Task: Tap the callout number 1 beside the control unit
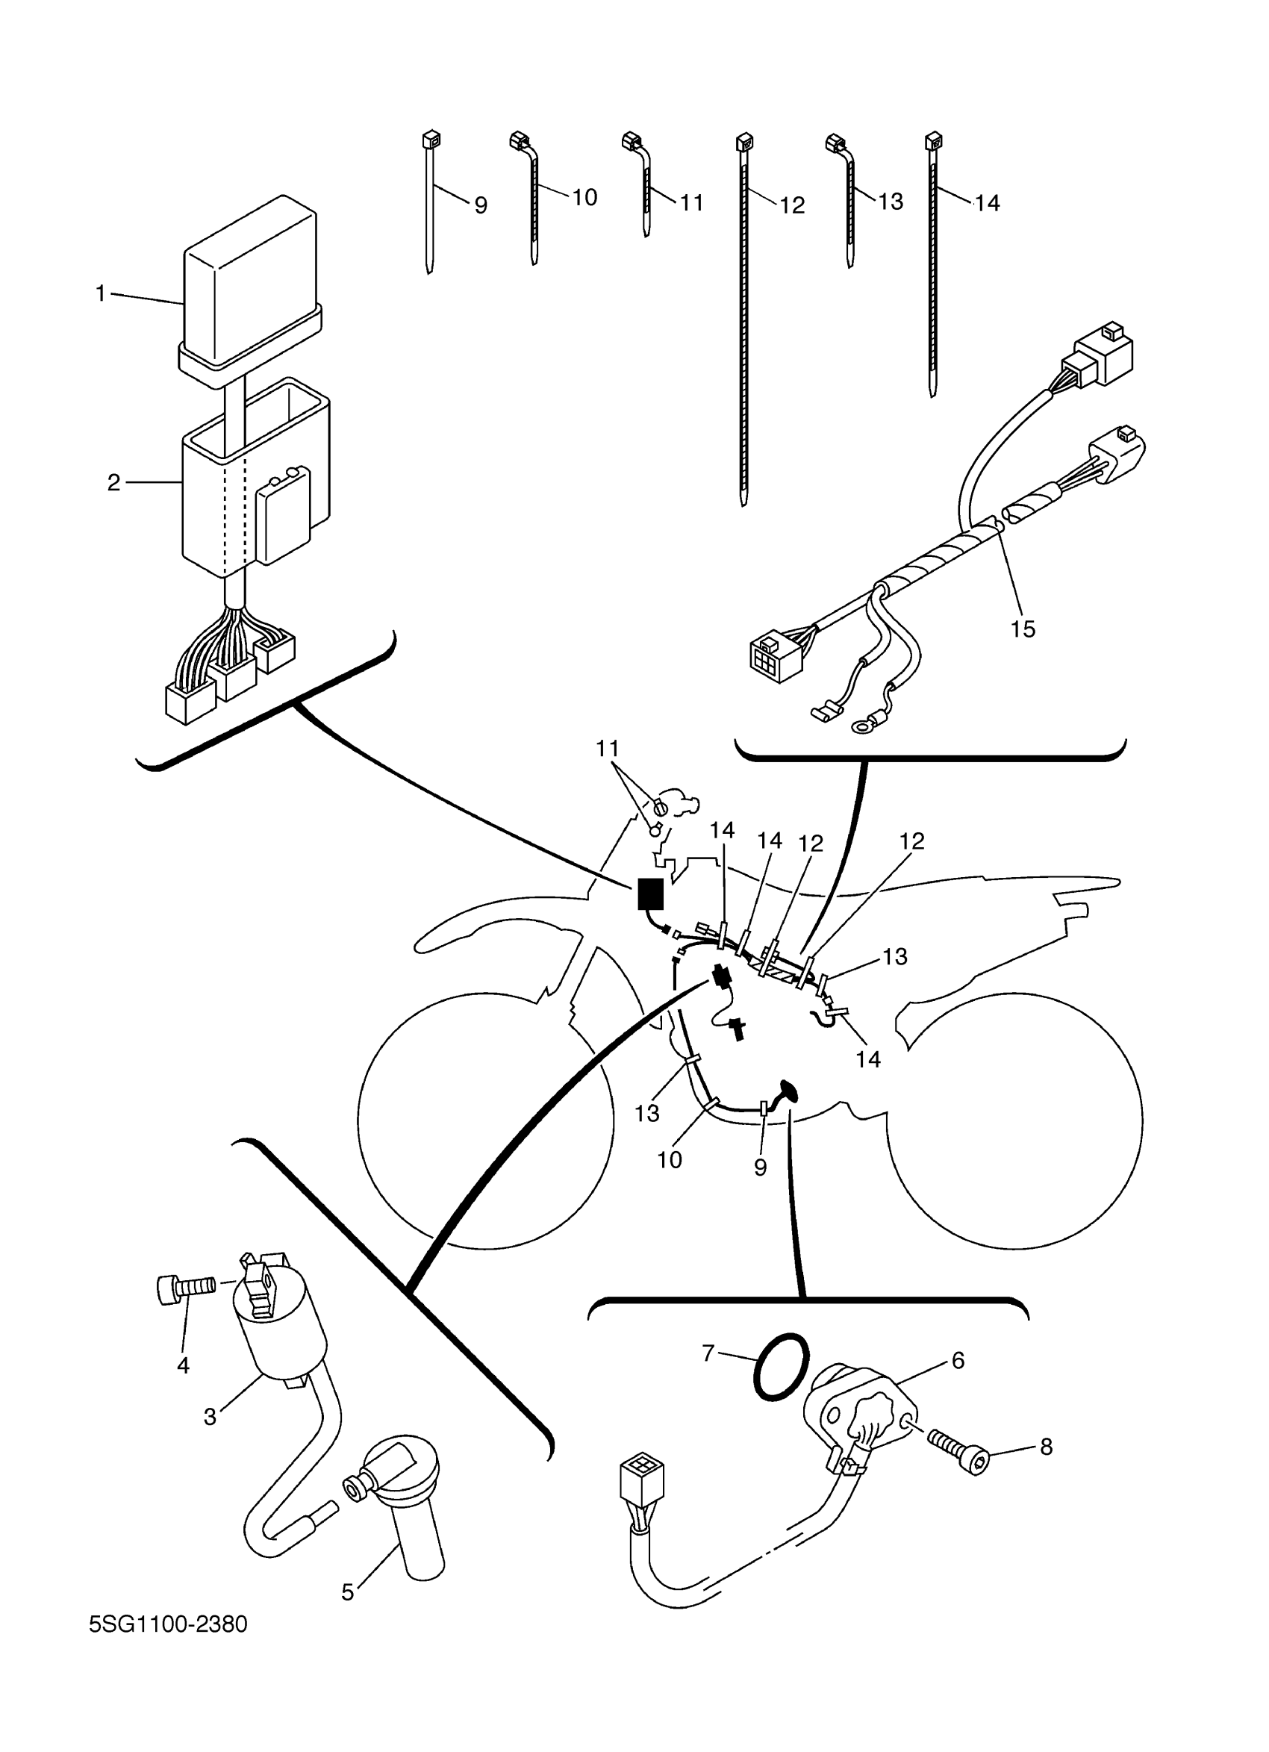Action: [99, 293]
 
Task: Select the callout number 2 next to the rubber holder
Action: [113, 483]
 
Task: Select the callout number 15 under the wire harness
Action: [1023, 629]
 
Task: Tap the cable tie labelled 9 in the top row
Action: [429, 205]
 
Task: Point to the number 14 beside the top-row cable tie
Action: [987, 202]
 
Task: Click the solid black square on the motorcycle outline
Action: [650, 894]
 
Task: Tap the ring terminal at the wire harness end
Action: [860, 726]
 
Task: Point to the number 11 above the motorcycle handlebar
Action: [608, 749]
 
